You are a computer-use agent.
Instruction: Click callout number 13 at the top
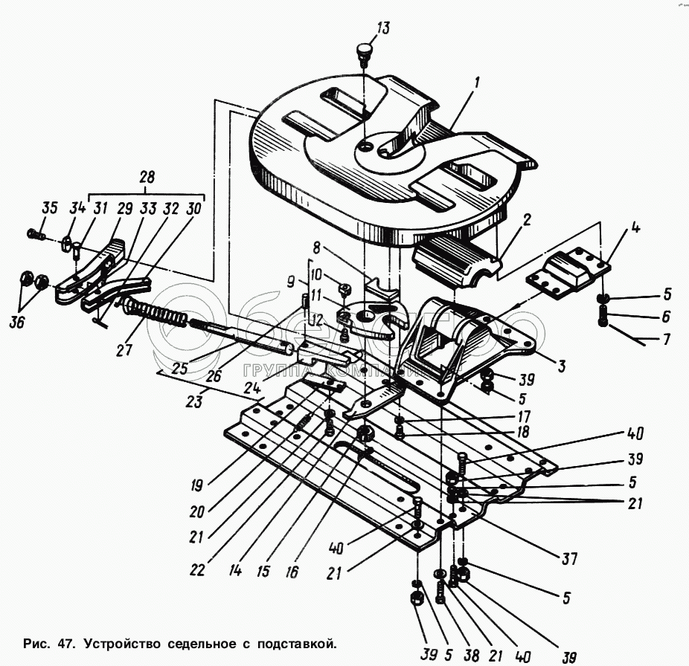(382, 28)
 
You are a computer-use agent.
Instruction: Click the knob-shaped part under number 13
(365, 53)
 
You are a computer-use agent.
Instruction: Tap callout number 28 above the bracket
(147, 178)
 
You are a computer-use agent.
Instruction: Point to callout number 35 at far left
(50, 207)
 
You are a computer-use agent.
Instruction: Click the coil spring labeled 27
(155, 312)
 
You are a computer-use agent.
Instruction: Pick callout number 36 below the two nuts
(18, 323)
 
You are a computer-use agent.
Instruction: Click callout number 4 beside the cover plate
(635, 227)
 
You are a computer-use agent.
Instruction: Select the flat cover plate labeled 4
(567, 272)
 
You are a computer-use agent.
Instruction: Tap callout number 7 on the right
(667, 340)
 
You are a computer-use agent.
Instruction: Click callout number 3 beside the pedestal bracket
(561, 366)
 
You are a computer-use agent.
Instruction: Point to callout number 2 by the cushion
(527, 219)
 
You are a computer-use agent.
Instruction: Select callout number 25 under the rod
(180, 368)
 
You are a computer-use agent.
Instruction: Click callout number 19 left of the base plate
(196, 485)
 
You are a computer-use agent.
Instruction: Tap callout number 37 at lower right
(569, 559)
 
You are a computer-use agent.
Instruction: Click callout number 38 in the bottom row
(472, 656)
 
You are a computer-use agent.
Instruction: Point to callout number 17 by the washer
(524, 416)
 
